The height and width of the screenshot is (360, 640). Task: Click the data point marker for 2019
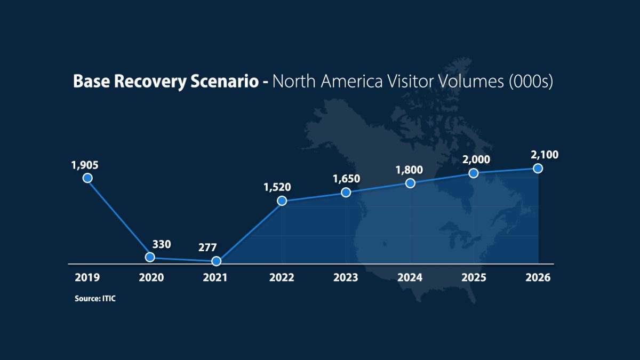(x=87, y=178)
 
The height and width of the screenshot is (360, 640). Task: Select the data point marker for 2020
(x=150, y=257)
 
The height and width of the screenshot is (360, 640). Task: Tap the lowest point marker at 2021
(x=216, y=261)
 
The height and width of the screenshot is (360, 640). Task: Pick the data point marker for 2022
(x=282, y=201)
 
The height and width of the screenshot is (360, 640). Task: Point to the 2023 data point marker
(x=346, y=193)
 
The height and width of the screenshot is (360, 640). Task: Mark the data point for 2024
(x=410, y=183)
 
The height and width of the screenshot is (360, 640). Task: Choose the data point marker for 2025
(x=473, y=173)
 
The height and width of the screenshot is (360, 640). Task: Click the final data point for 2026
(x=538, y=168)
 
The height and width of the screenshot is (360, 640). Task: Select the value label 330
(x=162, y=244)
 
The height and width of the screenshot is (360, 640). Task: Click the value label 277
(x=207, y=247)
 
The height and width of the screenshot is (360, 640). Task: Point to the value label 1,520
(x=277, y=187)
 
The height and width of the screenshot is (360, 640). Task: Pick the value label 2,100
(x=545, y=155)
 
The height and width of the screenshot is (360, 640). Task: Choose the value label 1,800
(x=409, y=170)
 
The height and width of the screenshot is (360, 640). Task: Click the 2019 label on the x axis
(x=87, y=278)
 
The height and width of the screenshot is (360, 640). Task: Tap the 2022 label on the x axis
(x=281, y=278)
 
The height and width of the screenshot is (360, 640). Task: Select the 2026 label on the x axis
(x=538, y=278)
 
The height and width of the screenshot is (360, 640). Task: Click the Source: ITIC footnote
(x=95, y=299)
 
